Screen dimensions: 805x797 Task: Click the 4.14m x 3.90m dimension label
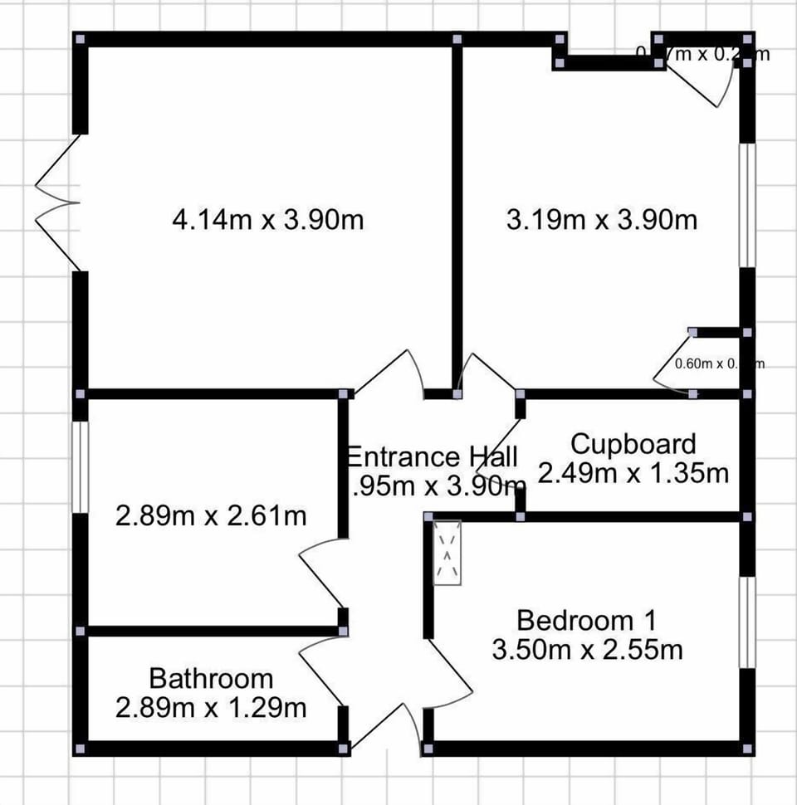coord(268,221)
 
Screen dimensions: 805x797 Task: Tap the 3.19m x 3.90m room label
coord(602,221)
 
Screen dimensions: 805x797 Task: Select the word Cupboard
coord(633,444)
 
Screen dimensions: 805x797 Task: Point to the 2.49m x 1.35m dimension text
coord(633,474)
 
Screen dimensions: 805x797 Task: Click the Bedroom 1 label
coord(587,620)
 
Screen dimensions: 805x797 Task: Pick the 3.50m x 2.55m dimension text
coord(587,649)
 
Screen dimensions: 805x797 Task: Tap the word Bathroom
coord(211,678)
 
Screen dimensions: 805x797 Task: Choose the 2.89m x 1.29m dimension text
coord(211,708)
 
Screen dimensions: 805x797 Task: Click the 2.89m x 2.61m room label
coord(211,516)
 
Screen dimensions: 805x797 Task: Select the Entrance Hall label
coord(432,457)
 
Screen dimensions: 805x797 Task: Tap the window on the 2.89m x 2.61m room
coord(80,466)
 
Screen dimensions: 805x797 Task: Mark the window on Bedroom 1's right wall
coord(748,622)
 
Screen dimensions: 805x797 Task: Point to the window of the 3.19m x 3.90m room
coord(748,205)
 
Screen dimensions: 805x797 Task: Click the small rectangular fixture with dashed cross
coord(447,553)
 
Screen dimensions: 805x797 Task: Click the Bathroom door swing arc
coord(320,664)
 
